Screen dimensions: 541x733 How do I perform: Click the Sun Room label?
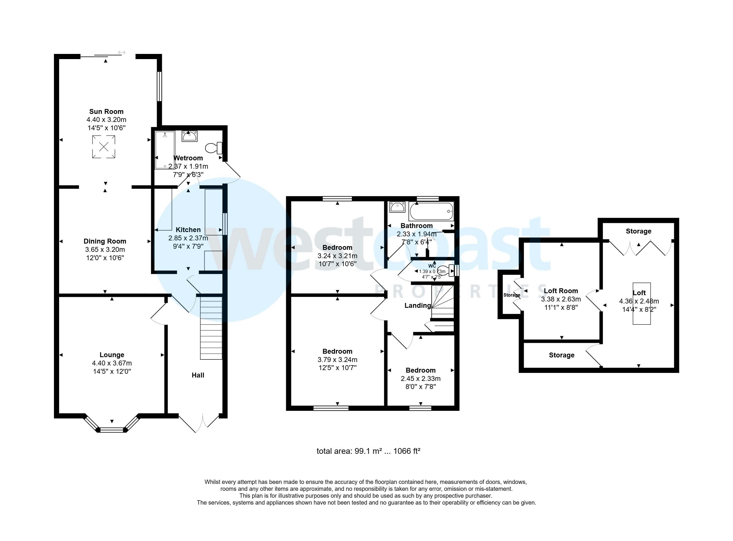106,111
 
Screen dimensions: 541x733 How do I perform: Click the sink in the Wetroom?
189,136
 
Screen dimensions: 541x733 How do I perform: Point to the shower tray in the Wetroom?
165,150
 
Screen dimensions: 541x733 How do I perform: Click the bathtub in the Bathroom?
431,211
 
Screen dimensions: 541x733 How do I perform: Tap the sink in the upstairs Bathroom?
397,207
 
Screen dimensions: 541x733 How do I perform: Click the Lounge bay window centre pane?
112,430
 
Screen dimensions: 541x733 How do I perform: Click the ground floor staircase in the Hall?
211,328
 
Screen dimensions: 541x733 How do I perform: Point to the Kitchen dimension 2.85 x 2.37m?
188,238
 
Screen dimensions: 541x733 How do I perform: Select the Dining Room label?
105,241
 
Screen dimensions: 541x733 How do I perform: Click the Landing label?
418,305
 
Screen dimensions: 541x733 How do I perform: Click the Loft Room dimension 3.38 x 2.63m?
561,299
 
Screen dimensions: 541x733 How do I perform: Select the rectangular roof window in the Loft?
641,303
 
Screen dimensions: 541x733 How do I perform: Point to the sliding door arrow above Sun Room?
122,52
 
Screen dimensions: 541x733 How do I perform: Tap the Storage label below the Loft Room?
561,355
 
